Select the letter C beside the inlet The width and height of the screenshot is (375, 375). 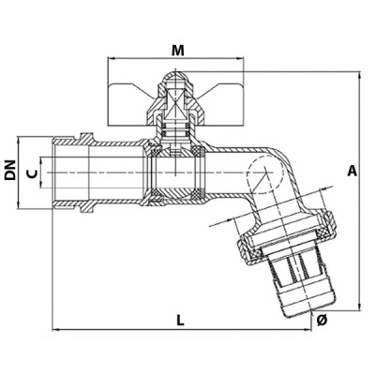(x=34, y=172)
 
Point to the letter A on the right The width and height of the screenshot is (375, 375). (x=352, y=171)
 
